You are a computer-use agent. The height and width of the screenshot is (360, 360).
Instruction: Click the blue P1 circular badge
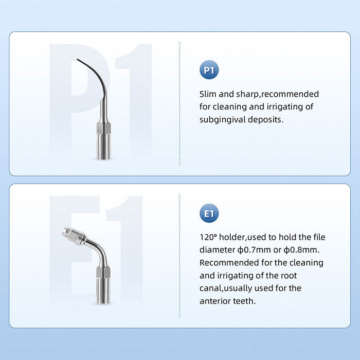coord(209,70)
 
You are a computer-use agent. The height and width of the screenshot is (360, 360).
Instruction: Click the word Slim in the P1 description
coord(209,94)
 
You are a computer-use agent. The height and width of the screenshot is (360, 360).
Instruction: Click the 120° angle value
coord(209,237)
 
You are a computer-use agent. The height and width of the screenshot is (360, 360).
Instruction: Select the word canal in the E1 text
coord(212,288)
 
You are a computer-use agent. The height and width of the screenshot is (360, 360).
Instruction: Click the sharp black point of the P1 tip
coord(78,61)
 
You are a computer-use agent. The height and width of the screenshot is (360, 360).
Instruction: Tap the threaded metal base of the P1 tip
coord(103,144)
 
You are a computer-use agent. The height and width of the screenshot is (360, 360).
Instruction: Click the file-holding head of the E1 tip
coord(72,235)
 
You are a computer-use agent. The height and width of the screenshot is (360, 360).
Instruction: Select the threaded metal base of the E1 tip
coord(103,291)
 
